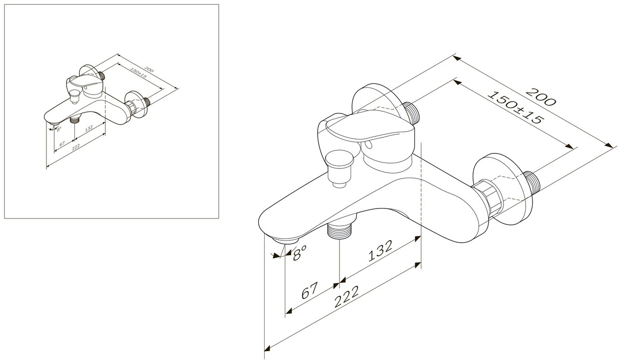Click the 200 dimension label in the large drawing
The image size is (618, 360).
540,97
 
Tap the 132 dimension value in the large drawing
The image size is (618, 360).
380,250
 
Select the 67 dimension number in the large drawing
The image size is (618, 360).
309,290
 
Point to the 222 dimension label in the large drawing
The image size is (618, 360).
347,297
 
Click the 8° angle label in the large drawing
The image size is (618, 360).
299,253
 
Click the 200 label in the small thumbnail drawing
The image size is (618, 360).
149,69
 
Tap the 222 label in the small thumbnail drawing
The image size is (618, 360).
76,146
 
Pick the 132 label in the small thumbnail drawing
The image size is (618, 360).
89,129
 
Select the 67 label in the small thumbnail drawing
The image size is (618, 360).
62,143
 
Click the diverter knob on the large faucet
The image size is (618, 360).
339,168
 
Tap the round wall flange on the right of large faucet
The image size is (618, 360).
503,189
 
